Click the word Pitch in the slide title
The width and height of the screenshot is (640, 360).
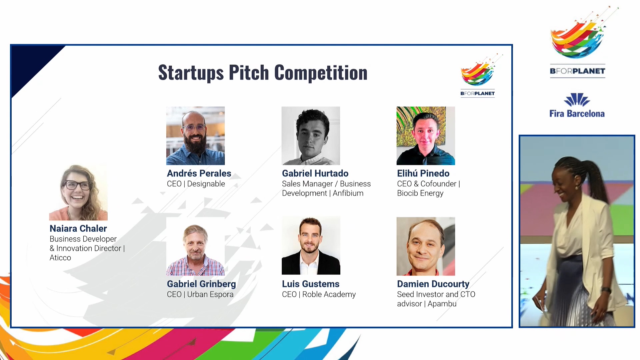point(249,73)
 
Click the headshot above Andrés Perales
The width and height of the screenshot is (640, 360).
point(195,136)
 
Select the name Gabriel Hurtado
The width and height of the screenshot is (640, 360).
point(315,173)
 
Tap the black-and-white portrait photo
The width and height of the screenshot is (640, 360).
point(311,136)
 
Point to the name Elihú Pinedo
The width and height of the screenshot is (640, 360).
point(423,173)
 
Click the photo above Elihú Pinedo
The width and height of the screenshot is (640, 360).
point(426,136)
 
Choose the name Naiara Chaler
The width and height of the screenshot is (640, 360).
point(78,228)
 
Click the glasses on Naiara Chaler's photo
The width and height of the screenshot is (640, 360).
point(77,185)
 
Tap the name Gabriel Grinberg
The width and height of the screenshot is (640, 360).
point(201,284)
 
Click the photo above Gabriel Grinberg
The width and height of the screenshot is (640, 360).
point(195,246)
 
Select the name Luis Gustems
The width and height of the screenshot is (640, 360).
point(311,284)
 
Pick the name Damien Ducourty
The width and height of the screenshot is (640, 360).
point(433,284)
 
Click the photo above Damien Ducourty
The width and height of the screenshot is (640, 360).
point(426,246)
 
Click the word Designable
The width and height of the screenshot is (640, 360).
point(206,184)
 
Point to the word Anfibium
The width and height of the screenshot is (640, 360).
point(348,193)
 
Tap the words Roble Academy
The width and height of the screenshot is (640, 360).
point(329,295)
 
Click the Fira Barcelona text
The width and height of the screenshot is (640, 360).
point(577,114)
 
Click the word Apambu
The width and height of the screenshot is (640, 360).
point(442,304)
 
